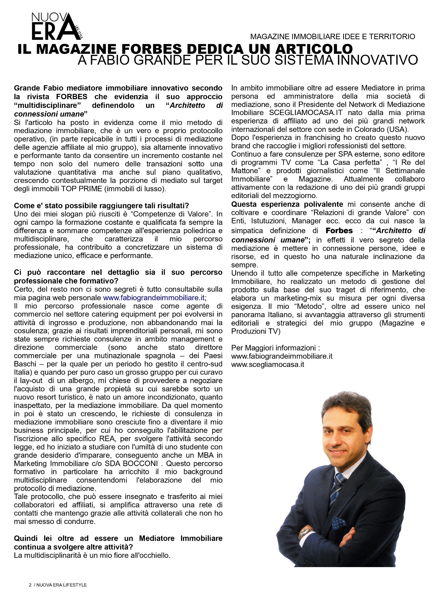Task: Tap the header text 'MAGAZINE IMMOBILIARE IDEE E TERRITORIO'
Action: tap(332, 37)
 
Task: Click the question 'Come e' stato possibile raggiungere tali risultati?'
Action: tap(101, 206)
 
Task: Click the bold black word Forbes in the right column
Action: tap(339, 231)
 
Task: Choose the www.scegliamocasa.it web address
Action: tap(268, 364)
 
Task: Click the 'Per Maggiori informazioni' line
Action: tap(275, 347)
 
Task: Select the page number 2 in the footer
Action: tap(30, 585)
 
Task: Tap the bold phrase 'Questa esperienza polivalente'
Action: tap(287, 204)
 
